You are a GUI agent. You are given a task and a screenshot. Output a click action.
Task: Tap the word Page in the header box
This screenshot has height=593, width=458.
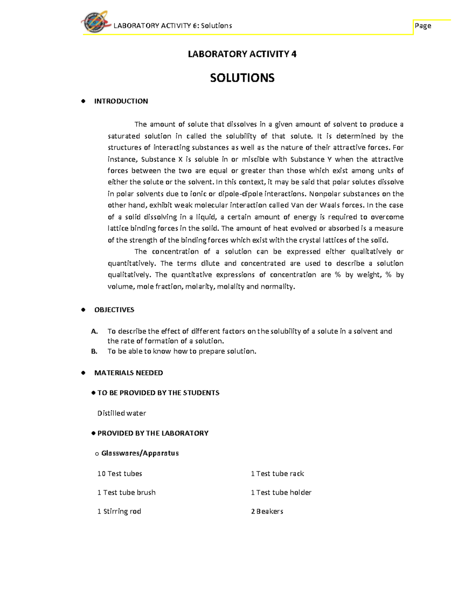pos(423,26)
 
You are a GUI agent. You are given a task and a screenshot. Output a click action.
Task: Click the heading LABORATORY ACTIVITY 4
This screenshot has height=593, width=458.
pos(242,54)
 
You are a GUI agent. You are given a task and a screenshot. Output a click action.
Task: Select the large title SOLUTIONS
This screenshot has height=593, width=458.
pos(242,78)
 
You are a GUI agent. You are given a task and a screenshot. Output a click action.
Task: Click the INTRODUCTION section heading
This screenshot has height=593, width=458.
pos(121,101)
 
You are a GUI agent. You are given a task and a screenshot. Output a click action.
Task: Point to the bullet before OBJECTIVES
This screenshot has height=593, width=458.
pos(83,310)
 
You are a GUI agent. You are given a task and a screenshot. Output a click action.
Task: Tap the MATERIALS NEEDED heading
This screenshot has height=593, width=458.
pos(129,373)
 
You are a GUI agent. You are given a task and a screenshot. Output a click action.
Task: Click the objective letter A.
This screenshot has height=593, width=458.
pos(94,331)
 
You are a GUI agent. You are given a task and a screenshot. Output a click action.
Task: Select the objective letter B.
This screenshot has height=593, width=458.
pos(94,351)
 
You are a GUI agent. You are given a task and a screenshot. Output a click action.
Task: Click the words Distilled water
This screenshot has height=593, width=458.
pos(121,413)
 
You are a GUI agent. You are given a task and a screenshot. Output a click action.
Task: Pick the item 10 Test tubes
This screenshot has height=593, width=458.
pos(119,473)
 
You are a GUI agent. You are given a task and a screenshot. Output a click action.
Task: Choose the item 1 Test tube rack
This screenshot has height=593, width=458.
pos(277,473)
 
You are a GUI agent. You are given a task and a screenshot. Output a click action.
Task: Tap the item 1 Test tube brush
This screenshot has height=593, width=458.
pos(126,493)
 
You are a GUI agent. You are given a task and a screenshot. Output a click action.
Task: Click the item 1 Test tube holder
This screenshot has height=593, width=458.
pos(281,493)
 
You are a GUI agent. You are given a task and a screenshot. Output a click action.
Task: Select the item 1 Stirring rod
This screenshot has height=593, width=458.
pos(119,511)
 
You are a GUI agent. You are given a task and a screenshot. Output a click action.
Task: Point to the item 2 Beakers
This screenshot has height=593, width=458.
pos(267,511)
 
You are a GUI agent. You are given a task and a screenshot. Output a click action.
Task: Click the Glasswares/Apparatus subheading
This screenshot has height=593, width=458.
pos(140,453)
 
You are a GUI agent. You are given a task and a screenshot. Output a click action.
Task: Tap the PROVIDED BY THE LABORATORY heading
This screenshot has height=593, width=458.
pos(153,433)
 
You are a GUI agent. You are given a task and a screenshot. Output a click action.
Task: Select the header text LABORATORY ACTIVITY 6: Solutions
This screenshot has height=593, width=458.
pos(173,26)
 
